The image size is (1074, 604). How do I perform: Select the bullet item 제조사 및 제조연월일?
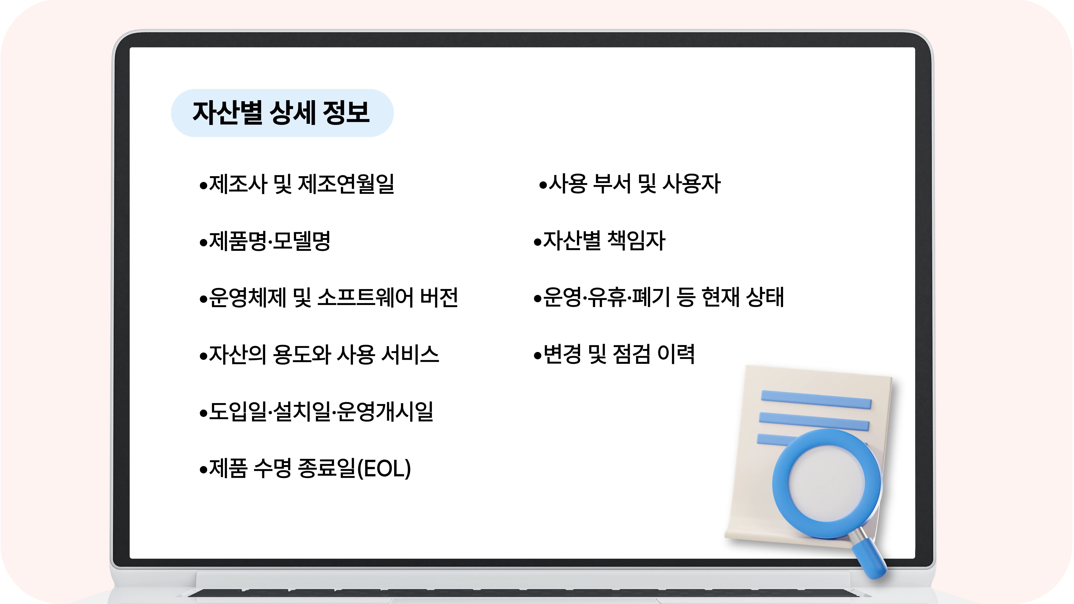pos(297,184)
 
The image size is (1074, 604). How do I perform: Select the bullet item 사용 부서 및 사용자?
pos(629,184)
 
